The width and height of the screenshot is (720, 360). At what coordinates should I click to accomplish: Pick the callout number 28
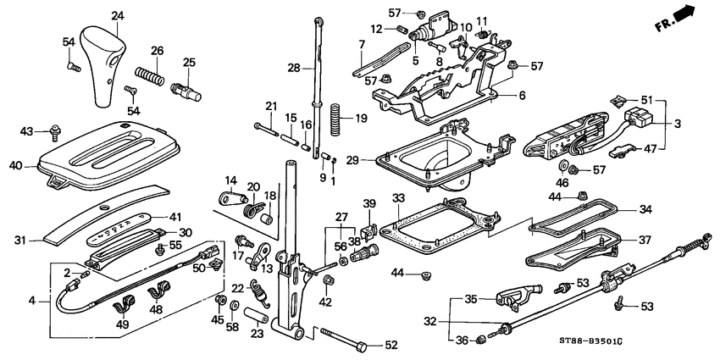tap(293, 67)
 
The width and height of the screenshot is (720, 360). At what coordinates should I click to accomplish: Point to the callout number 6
tap(523, 96)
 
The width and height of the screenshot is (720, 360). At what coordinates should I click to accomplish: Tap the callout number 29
tap(375, 158)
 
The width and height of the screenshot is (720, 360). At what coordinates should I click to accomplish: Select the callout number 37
tap(645, 240)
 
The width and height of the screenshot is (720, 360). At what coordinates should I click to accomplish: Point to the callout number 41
tap(176, 218)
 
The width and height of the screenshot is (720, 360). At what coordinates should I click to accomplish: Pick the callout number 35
tap(471, 298)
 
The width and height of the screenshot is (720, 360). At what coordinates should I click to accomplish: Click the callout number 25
tap(189, 62)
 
